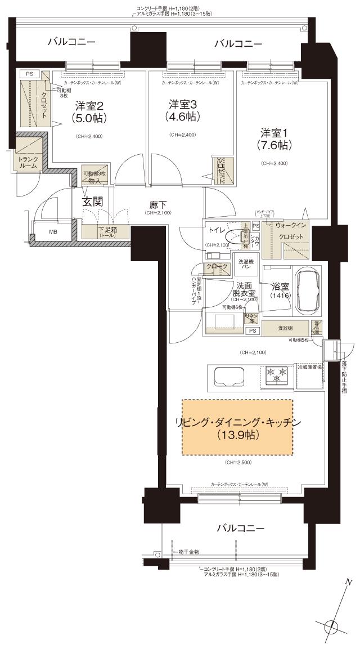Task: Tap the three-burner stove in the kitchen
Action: click(277, 375)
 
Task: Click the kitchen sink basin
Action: click(227, 375)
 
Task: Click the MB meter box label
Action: click(53, 231)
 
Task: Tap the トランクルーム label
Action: click(29, 163)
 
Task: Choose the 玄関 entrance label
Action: click(93, 202)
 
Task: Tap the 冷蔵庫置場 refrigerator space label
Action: click(309, 366)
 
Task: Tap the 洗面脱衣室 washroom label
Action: click(246, 289)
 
